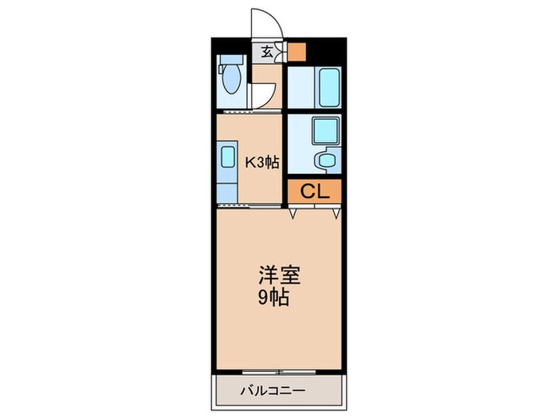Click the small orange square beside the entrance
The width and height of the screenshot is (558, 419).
(x=297, y=52)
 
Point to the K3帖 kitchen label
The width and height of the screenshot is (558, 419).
(x=261, y=162)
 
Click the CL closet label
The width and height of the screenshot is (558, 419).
(x=314, y=191)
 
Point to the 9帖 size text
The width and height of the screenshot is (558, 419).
(x=273, y=299)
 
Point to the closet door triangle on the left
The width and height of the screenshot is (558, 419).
(x=294, y=213)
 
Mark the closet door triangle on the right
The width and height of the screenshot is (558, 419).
(x=337, y=213)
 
